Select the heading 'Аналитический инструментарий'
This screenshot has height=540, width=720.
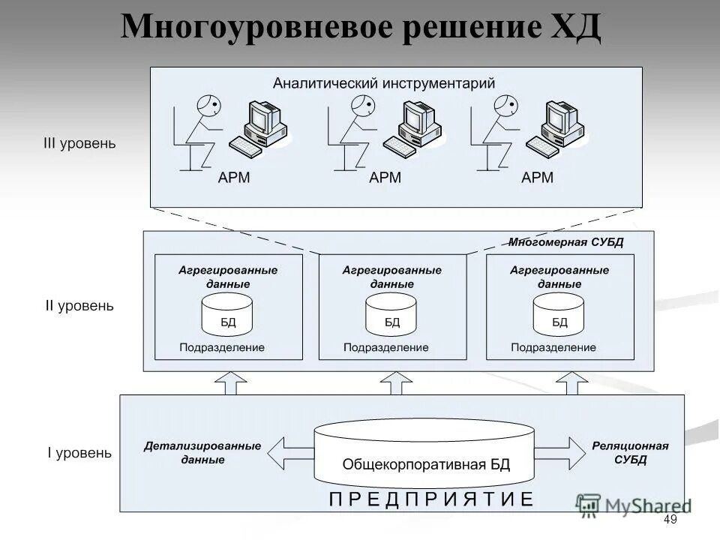coord(383,82)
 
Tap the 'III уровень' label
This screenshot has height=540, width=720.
coord(79,143)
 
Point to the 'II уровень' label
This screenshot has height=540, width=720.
coord(79,306)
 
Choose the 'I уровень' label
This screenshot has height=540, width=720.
coord(79,453)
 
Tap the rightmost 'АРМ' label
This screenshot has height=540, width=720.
coord(537,178)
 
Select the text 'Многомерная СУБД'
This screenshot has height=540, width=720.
coord(565,242)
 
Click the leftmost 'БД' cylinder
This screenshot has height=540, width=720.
coord(227,315)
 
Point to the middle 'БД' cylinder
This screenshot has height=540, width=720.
coord(391,315)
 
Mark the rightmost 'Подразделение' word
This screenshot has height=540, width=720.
coord(553,347)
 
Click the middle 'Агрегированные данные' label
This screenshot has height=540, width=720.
coord(391,277)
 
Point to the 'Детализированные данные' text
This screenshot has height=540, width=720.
coord(202,452)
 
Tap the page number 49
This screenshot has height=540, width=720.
coord(670,521)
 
